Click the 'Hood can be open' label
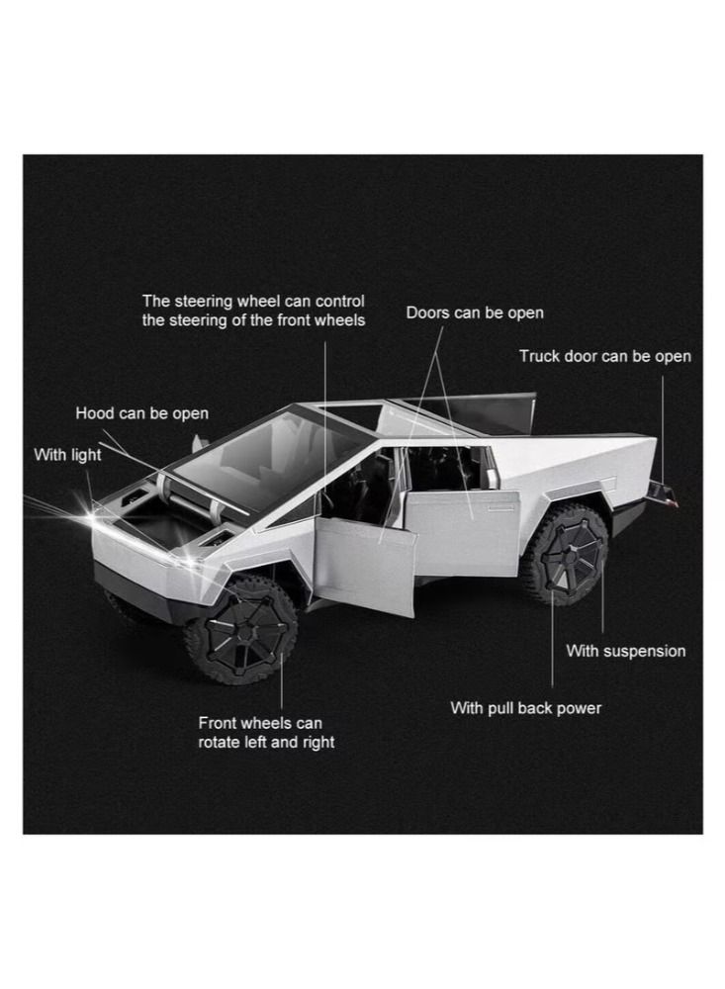[141, 413]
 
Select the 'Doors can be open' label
[475, 314]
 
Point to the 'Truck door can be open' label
[604, 356]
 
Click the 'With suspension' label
[625, 651]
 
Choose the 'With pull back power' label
[525, 708]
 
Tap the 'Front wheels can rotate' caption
[266, 733]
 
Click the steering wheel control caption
[253, 311]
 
